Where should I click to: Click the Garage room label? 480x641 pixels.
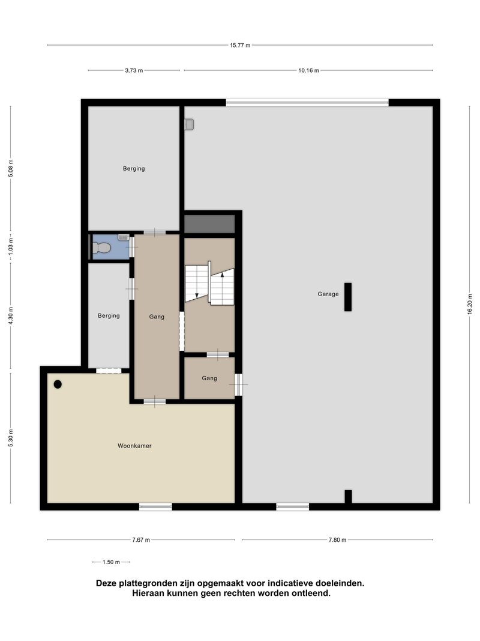328,294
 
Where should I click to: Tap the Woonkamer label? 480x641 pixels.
134,446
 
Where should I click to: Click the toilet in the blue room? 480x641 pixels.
101,248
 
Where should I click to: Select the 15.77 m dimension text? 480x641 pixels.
240,46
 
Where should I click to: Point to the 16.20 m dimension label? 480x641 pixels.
470,304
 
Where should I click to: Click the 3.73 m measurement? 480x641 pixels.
134,70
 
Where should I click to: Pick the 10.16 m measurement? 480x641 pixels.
308,70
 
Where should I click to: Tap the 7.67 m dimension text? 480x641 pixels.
141,540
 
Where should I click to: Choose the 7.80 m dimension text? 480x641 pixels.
338,540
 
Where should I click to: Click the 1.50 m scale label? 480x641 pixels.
111,562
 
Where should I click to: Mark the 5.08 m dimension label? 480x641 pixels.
11,168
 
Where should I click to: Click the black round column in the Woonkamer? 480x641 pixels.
58,384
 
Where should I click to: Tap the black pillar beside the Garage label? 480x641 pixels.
348,297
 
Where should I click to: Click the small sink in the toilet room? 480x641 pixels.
123,237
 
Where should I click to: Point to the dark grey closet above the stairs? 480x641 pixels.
209,224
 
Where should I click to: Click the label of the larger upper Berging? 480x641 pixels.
134,168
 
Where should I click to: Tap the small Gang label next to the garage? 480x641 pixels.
209,378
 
